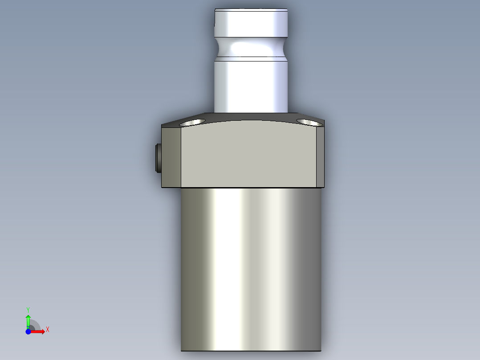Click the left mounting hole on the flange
(192, 122)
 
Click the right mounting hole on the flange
(309, 122)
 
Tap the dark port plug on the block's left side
(158, 158)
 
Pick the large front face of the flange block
(249, 156)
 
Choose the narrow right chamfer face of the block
(320, 156)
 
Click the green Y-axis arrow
(28, 320)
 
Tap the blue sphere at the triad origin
(28, 331)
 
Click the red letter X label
(48, 330)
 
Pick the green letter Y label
(28, 309)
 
